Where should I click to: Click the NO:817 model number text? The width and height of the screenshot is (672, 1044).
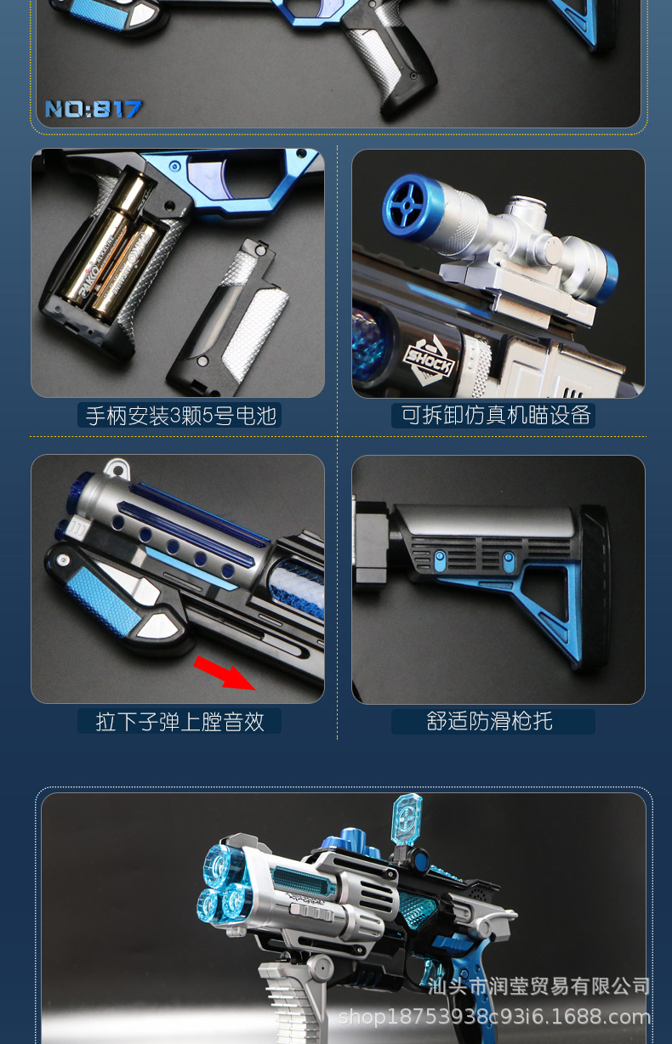(93, 109)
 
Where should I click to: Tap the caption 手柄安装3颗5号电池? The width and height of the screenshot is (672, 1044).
(180, 416)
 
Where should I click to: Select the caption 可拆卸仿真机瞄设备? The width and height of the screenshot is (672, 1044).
(496, 415)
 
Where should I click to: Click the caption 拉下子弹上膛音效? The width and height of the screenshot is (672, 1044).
(179, 722)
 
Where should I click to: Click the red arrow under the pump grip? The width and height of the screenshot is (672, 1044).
(225, 672)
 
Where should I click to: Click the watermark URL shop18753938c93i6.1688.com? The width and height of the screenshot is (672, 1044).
(494, 1016)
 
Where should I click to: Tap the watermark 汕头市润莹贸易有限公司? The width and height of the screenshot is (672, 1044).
(540, 986)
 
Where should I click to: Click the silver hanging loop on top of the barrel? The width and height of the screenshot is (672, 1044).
(116, 468)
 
